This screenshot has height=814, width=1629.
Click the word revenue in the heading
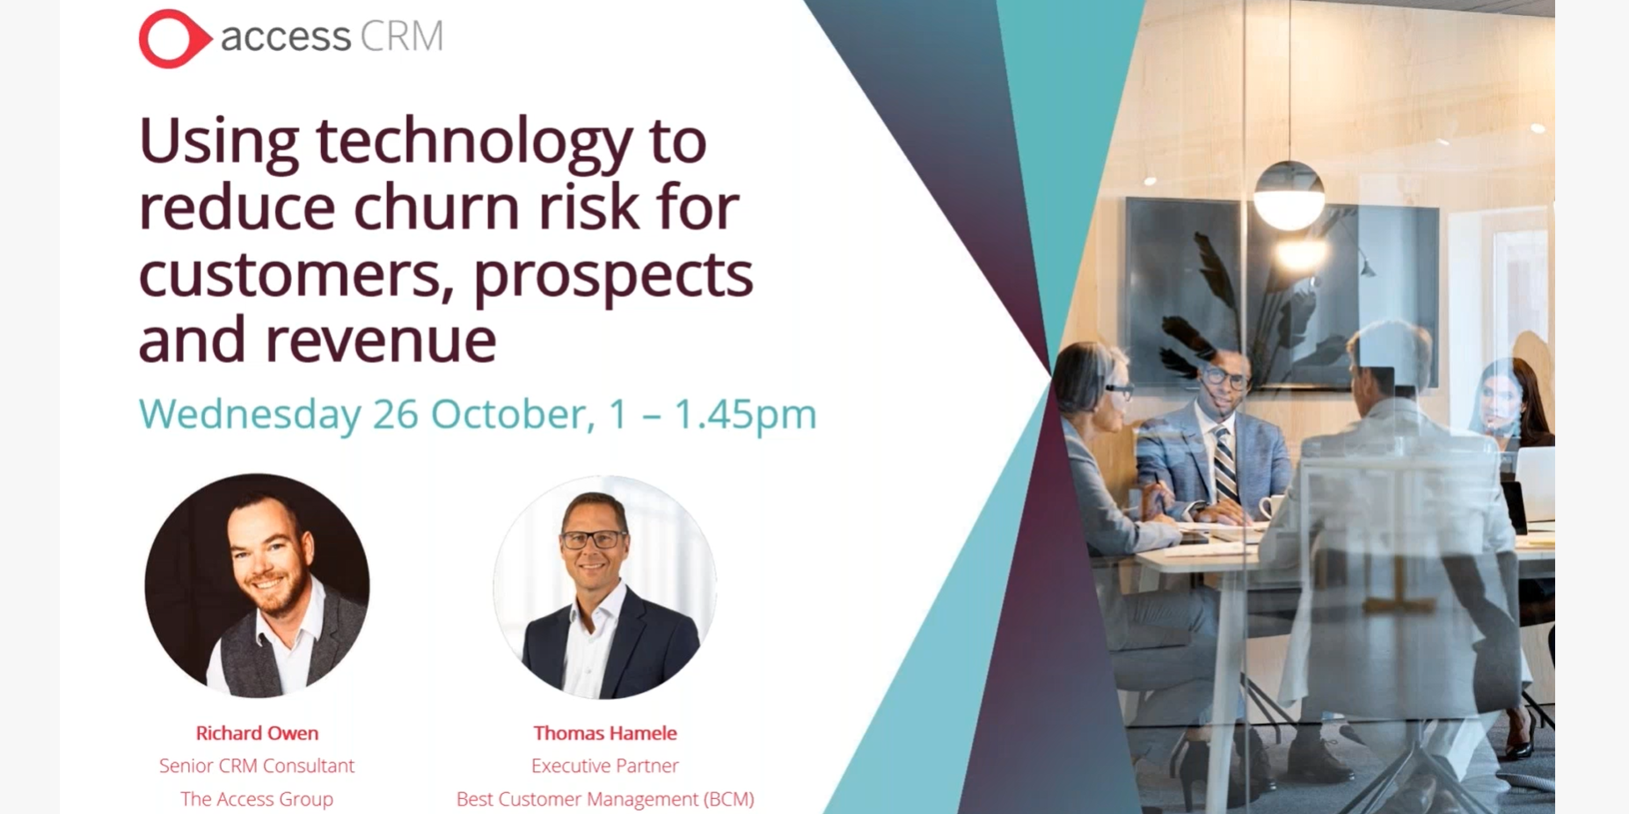tap(381, 341)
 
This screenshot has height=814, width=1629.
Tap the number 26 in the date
tap(395, 414)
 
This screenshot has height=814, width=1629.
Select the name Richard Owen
tap(257, 733)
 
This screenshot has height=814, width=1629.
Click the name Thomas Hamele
tap(605, 733)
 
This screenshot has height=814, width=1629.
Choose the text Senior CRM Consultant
tap(257, 766)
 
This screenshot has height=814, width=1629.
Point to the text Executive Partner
tap(605, 766)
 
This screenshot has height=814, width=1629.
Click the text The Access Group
tap(257, 799)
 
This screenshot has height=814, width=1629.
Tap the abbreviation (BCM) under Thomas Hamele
tap(729, 799)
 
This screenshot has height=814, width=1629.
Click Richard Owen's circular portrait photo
tap(257, 586)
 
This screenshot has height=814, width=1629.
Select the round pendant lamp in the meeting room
tap(1289, 195)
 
